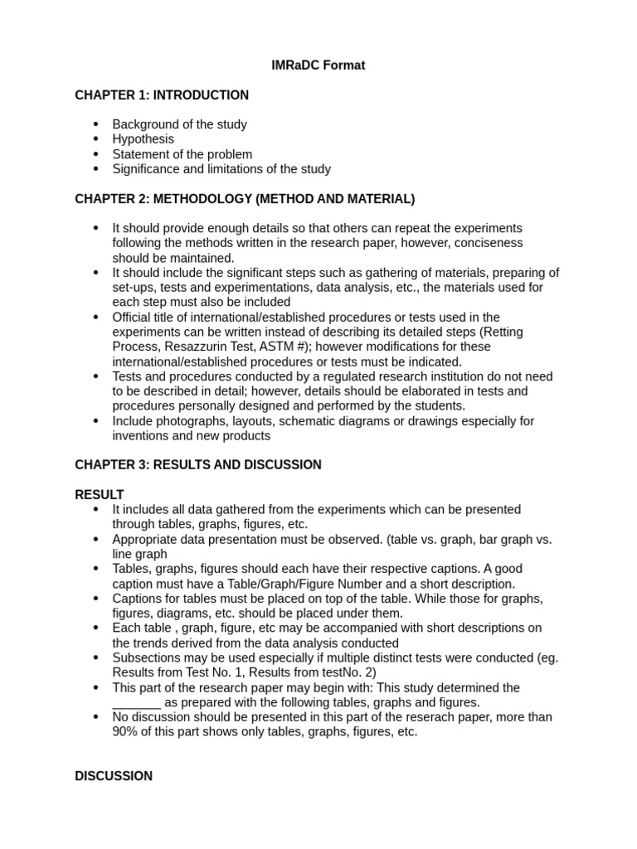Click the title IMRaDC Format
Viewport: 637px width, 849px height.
(318, 65)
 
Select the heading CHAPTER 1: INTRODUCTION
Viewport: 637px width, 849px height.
(162, 95)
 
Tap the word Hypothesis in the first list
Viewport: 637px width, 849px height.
(143, 139)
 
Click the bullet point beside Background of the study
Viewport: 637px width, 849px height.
(95, 124)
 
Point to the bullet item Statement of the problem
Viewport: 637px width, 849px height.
(182, 154)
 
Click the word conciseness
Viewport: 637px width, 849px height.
(493, 243)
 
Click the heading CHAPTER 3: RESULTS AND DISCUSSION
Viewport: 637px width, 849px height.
(198, 465)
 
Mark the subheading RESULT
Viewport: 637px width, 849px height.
(100, 495)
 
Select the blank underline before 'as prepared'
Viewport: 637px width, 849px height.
(137, 702)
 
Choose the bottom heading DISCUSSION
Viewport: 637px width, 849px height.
(114, 776)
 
